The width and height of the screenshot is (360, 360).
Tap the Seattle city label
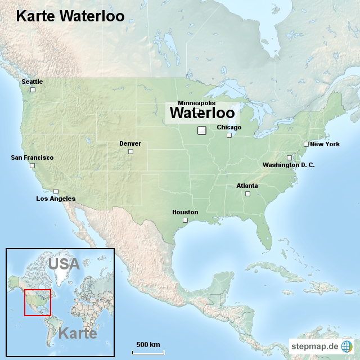(x=32, y=82)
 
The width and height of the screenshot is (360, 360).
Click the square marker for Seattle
(x=33, y=89)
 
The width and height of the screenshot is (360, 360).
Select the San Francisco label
(x=32, y=157)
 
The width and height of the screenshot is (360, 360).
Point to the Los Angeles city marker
(x=56, y=191)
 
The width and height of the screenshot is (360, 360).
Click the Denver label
(x=130, y=143)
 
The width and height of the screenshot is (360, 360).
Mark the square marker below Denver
(x=130, y=151)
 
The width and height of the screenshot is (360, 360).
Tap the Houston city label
(x=185, y=212)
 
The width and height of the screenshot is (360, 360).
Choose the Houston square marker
(x=184, y=220)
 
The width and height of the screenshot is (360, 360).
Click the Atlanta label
(x=247, y=186)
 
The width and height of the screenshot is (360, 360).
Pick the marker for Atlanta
(x=247, y=194)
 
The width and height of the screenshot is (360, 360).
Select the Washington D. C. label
(x=289, y=165)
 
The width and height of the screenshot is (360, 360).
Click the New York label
(x=325, y=144)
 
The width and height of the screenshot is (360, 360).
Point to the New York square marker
(x=307, y=144)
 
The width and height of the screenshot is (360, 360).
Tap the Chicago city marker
(x=229, y=135)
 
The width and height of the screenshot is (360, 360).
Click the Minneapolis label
(x=196, y=103)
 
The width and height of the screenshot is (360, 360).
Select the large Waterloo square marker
(x=202, y=130)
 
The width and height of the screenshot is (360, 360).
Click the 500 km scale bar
(x=148, y=352)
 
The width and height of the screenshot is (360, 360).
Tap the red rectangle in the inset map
(x=38, y=303)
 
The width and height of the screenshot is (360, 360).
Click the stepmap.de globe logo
(x=347, y=346)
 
